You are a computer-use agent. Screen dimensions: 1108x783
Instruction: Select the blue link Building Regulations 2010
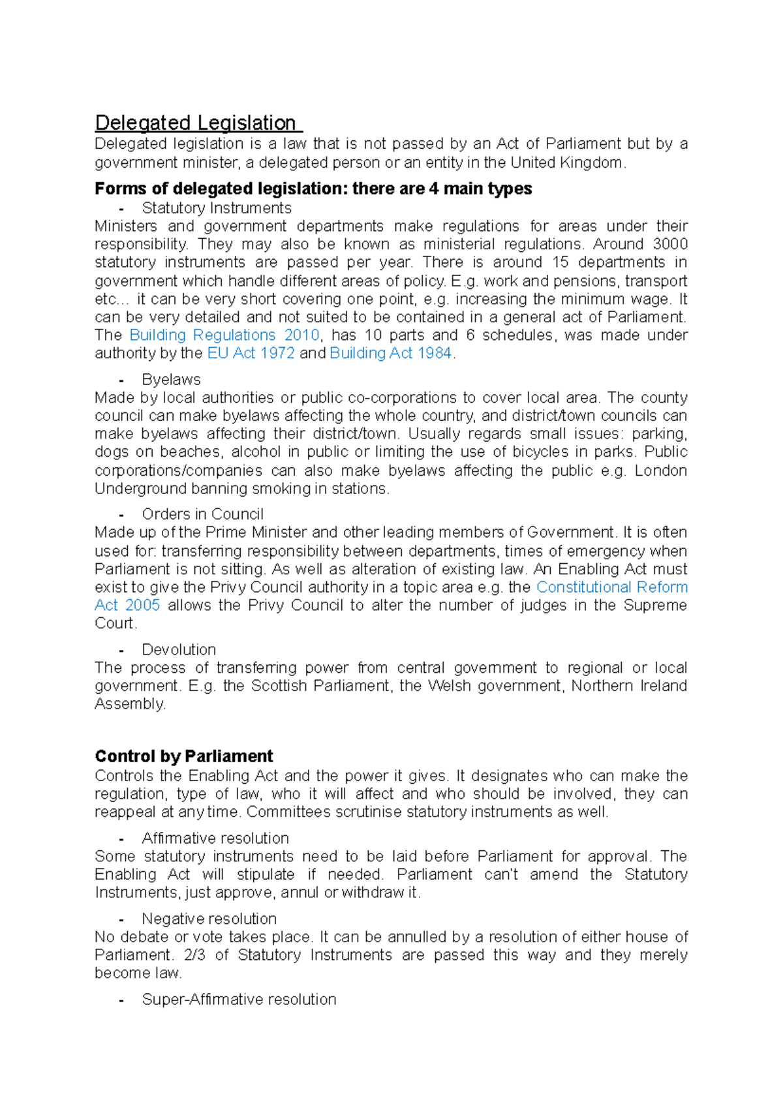(x=224, y=335)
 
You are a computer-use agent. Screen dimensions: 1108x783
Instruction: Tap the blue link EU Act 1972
(x=251, y=354)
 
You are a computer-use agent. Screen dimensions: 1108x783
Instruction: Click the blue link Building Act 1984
(x=390, y=354)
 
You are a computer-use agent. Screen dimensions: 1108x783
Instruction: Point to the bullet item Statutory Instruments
(x=216, y=208)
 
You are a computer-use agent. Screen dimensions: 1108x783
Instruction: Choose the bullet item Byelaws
(x=171, y=380)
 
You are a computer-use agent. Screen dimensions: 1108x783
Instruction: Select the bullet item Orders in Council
(x=202, y=514)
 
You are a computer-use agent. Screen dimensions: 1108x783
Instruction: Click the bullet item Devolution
(x=178, y=650)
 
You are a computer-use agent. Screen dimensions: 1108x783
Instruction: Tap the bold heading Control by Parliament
(x=183, y=756)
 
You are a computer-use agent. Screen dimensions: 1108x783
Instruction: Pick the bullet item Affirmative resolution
(x=215, y=839)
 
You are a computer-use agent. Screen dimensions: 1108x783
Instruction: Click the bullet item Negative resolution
(x=209, y=919)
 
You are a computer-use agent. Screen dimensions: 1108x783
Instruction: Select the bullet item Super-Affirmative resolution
(x=239, y=1000)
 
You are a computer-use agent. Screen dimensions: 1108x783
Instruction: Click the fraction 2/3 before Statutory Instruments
(x=194, y=955)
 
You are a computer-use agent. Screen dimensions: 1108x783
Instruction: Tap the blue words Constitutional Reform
(x=611, y=587)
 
